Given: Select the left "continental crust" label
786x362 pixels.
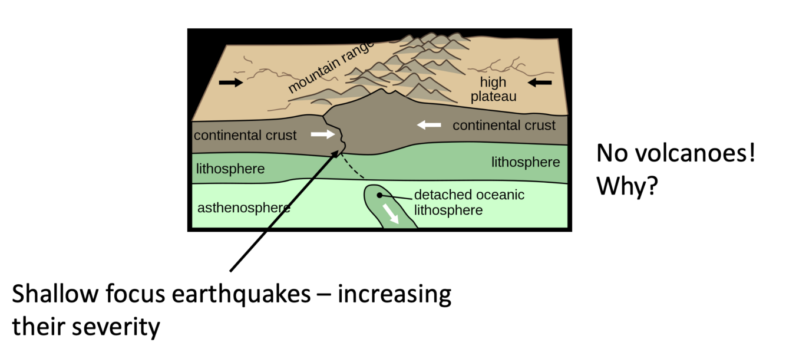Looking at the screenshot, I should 245,136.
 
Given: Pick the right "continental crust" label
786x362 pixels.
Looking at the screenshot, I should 504,126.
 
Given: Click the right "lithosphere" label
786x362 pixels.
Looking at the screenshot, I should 526,162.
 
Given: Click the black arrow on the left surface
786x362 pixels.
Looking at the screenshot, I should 230,83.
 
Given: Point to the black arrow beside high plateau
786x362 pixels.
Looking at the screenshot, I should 540,83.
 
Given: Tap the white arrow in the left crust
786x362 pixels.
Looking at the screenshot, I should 322,134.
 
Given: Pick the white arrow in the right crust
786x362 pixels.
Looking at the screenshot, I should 428,124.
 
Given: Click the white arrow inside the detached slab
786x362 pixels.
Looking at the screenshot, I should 390,214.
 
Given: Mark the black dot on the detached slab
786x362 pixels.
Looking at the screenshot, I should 381,195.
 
